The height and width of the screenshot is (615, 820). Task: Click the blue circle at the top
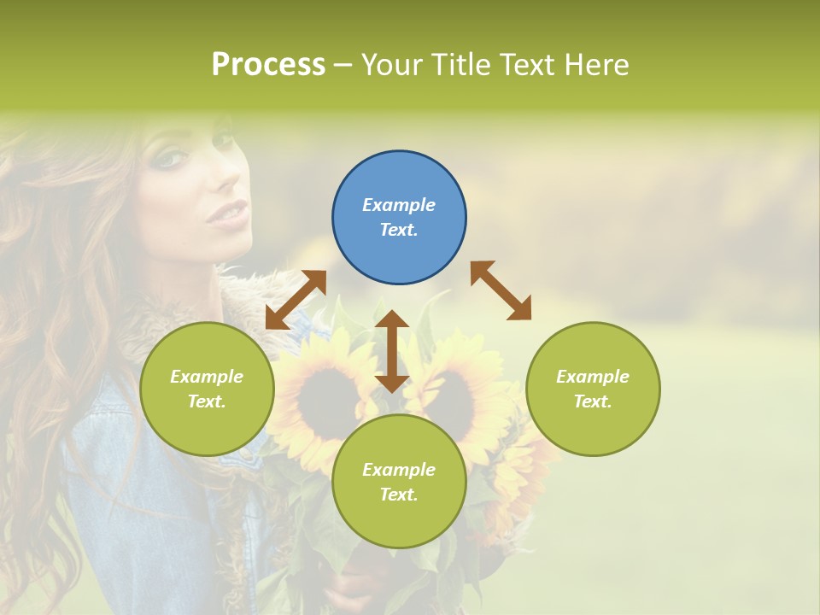click(399, 217)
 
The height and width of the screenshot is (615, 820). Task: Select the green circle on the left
click(207, 389)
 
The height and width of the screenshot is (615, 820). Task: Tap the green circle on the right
click(593, 389)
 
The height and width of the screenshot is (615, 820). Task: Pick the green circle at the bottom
click(399, 481)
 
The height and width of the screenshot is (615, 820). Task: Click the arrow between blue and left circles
click(296, 300)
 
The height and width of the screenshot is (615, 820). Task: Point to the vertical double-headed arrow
click(392, 351)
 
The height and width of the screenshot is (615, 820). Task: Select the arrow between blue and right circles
click(501, 290)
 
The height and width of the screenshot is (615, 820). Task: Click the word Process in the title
click(268, 65)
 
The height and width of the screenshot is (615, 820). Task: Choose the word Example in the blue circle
click(399, 205)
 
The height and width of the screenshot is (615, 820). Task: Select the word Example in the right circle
click(593, 377)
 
